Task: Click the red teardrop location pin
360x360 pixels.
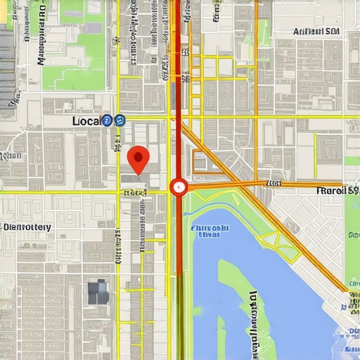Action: pyautogui.click(x=139, y=157)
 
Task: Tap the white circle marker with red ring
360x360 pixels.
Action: pyautogui.click(x=179, y=187)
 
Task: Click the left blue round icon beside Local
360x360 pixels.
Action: pyautogui.click(x=106, y=121)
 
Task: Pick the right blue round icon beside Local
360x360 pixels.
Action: pyautogui.click(x=119, y=121)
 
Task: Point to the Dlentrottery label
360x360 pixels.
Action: pyautogui.click(x=27, y=227)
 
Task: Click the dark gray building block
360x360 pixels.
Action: pyautogui.click(x=98, y=291)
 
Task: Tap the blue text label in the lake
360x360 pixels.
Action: pyautogui.click(x=210, y=231)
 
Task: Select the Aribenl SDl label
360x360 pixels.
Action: pyautogui.click(x=316, y=32)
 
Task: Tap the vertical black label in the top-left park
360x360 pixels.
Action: pyautogui.click(x=40, y=42)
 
